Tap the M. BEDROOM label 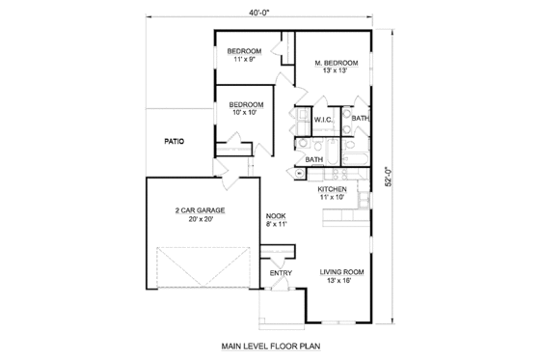(337, 64)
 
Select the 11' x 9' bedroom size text (244, 60)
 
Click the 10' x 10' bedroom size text (247, 113)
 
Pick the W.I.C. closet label (323, 119)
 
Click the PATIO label (175, 141)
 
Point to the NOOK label (276, 216)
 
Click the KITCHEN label (334, 189)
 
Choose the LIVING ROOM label (342, 271)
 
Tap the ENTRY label (281, 273)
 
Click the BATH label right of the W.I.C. (361, 119)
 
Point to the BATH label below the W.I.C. (314, 159)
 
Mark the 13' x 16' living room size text (342, 281)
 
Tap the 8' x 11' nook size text (276, 225)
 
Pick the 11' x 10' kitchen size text (334, 198)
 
